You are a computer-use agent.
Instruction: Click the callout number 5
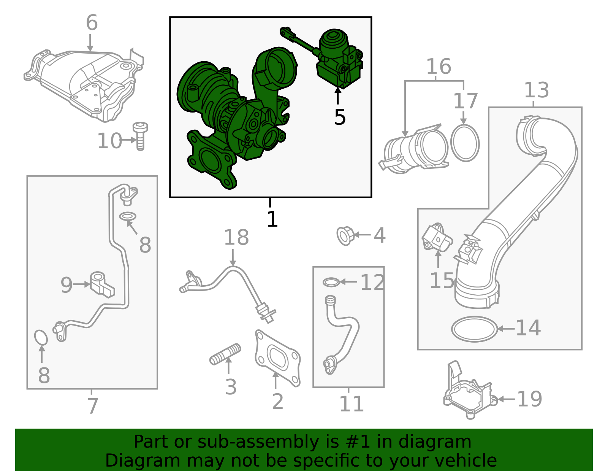340,117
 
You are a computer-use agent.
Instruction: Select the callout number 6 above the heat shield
92,23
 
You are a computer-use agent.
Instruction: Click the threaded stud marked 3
225,354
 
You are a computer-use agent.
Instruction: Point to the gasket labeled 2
278,357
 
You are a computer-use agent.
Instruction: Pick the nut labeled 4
345,235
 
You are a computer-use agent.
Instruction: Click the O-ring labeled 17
465,143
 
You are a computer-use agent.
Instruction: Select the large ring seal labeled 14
475,329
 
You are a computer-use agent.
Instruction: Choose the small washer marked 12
331,282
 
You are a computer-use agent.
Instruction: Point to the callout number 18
236,238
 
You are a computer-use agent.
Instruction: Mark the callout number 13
536,91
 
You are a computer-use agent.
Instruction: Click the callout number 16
439,67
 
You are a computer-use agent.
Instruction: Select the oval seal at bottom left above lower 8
41,337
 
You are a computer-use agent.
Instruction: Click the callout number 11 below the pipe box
351,404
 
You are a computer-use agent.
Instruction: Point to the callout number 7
92,406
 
